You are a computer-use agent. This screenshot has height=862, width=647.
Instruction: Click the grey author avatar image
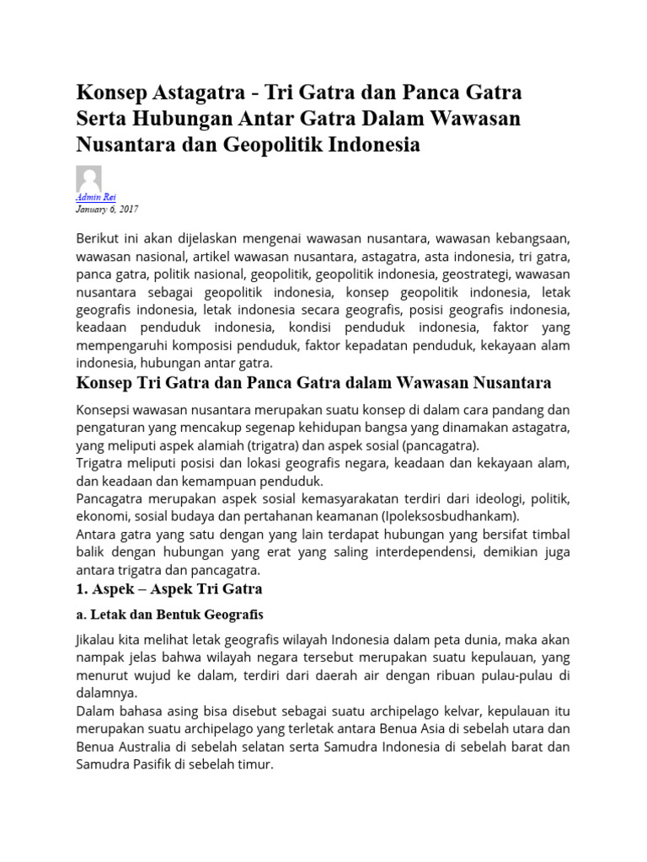point(88,178)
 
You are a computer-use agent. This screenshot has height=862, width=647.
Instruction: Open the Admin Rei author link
point(95,197)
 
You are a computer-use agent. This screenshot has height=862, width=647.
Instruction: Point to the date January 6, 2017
point(107,209)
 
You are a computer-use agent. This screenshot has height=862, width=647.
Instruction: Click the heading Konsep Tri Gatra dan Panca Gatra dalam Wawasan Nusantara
point(313,384)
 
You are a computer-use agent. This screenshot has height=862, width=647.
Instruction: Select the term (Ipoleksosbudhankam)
point(449,516)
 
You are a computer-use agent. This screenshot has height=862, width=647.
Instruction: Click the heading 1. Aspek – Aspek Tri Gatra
point(169,588)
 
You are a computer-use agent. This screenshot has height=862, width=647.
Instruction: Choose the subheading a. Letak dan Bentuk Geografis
point(170,614)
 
